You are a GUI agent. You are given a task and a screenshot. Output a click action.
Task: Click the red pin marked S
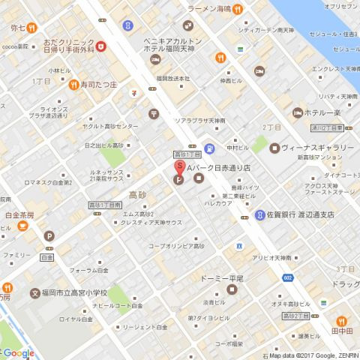pos(179,166)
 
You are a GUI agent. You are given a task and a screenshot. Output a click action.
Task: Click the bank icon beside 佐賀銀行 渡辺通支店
pos(259,214)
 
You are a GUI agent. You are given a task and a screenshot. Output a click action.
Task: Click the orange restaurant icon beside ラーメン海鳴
pos(237,10)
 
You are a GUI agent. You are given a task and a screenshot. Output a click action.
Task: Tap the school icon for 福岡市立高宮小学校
pos(34,293)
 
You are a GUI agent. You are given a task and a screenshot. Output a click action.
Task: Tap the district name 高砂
pos(137,195)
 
